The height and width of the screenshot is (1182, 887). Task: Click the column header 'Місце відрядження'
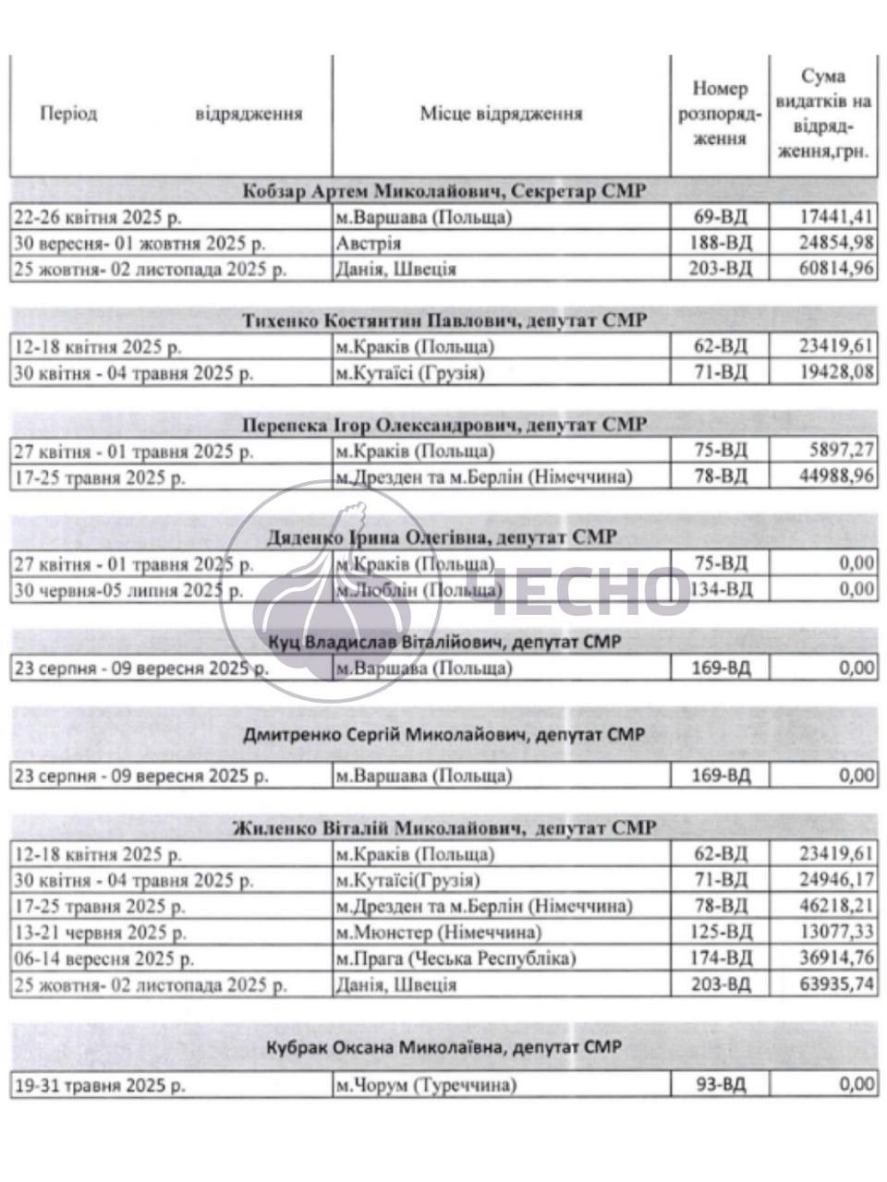pos(501,115)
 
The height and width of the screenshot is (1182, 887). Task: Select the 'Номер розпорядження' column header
pos(720,115)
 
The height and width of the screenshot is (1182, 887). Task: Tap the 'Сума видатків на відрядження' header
pos(823,115)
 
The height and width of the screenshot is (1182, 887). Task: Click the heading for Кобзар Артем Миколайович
pos(443,191)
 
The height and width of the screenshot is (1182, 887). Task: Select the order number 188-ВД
pos(721,244)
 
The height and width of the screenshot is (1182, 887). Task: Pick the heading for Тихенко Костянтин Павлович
pos(443,320)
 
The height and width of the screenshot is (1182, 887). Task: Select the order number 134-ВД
pos(721,589)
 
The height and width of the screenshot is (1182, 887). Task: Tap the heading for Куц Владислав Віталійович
pos(443,642)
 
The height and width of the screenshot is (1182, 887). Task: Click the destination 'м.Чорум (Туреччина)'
pos(425,1085)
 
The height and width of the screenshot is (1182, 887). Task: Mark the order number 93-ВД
pos(721,1085)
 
